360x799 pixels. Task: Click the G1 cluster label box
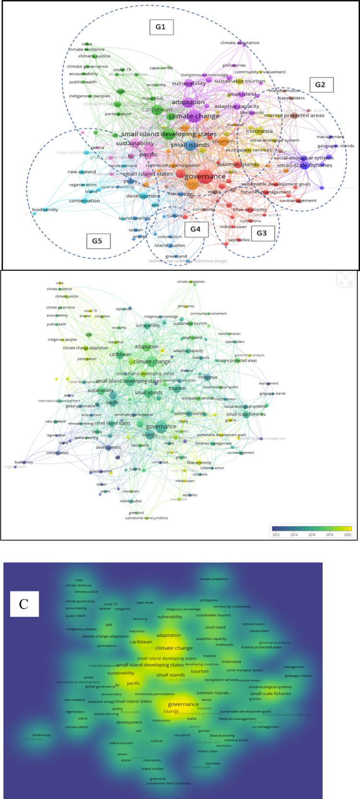[161, 27]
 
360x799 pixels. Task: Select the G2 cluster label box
[320, 85]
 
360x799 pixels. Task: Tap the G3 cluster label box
[261, 233]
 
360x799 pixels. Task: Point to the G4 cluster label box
[195, 229]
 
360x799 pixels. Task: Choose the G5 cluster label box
[97, 241]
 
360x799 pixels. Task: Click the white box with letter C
[24, 604]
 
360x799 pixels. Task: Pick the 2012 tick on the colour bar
[276, 534]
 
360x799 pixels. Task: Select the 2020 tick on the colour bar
[348, 534]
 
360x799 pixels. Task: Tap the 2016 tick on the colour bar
[312, 534]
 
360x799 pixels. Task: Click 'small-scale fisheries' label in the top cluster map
[304, 165]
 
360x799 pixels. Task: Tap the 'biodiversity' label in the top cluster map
[45, 209]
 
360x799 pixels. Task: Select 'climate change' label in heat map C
[174, 648]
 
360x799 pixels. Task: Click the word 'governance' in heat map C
[183, 704]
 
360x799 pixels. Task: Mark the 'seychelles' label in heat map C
[213, 763]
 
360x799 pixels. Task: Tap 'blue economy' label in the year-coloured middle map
[199, 463]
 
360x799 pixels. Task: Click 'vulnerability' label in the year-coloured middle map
[148, 325]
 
